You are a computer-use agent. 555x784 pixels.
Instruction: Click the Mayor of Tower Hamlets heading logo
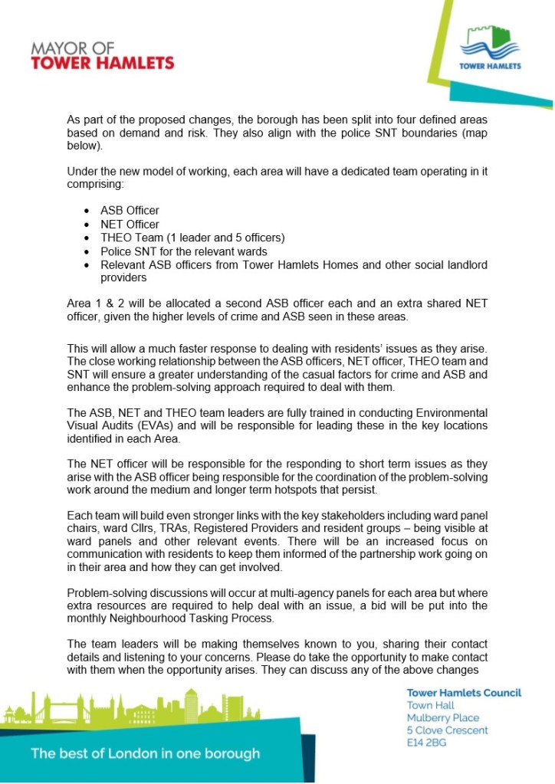(102, 55)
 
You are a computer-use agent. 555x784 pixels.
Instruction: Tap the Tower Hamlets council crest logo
(490, 47)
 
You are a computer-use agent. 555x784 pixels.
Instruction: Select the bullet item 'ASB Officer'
(130, 210)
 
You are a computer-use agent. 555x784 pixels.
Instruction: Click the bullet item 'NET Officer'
(130, 224)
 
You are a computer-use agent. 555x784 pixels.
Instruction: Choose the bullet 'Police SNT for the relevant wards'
(183, 251)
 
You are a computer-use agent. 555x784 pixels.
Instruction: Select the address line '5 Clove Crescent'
(447, 730)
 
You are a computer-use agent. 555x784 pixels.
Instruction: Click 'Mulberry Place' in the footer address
(442, 718)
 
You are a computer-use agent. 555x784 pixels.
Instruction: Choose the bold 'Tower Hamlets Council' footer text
(464, 693)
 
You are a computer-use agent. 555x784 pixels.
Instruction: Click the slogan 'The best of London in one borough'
(145, 753)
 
